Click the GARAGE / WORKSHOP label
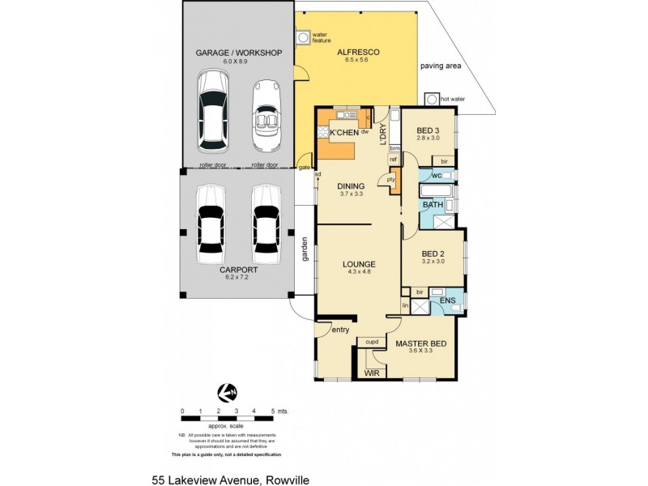pos(238,53)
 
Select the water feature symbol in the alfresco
pos(303,37)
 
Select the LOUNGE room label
pos(357,263)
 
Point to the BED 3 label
pos(428,130)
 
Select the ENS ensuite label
pos(447,301)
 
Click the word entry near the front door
pos(339,329)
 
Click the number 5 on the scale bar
pos(274,411)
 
